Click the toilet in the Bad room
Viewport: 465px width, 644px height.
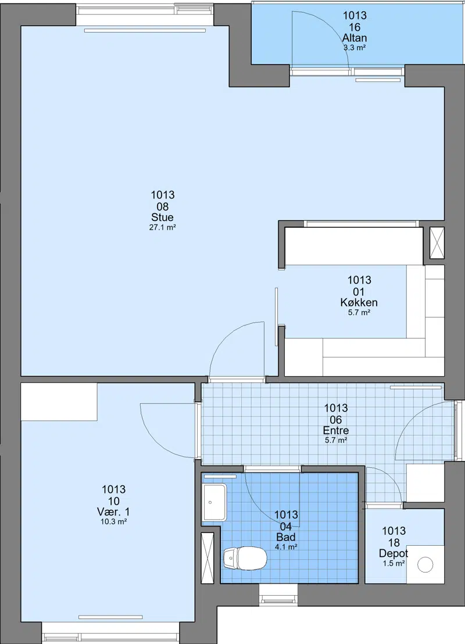tap(245, 558)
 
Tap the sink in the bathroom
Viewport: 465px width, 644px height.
tap(214, 503)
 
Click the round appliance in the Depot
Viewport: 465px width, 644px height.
tap(425, 565)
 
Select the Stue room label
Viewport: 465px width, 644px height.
tap(162, 217)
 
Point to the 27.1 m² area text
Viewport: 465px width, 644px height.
tap(162, 227)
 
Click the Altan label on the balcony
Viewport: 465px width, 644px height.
tap(355, 38)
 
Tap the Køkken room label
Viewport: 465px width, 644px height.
tap(359, 303)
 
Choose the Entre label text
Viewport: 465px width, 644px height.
tap(335, 431)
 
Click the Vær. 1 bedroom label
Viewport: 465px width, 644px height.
tap(113, 511)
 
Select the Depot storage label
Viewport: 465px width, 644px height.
tap(394, 554)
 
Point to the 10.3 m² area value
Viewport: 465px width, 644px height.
tap(113, 522)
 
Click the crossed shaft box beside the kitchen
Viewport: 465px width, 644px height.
tap(437, 243)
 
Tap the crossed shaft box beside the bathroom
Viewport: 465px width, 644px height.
tap(208, 558)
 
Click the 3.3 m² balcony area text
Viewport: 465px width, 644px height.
tap(355, 48)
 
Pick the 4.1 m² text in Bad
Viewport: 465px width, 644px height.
tap(286, 547)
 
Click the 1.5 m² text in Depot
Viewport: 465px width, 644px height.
tap(394, 564)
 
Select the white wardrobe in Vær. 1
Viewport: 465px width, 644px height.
tap(59, 402)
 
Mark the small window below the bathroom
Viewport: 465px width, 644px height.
tap(278, 594)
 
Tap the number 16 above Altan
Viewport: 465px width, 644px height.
tap(355, 27)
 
